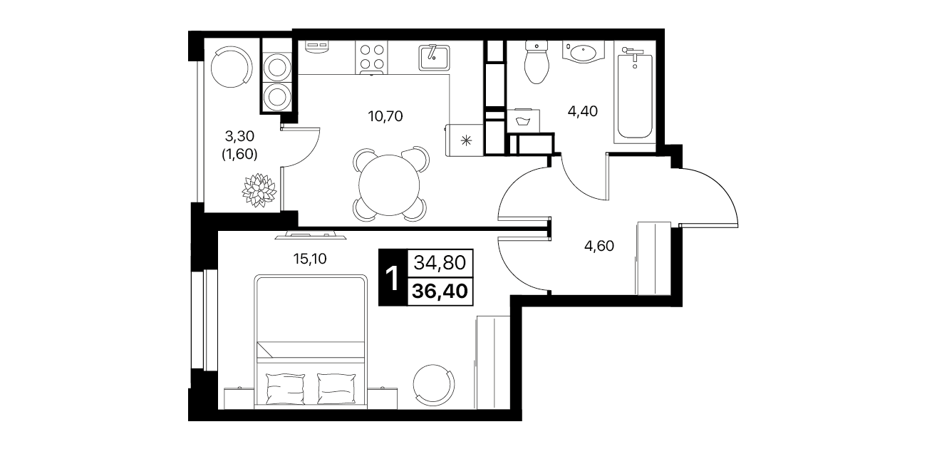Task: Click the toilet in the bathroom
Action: point(537,61)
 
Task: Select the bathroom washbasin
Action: point(584,52)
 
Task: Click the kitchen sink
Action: point(434,58)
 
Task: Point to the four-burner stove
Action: point(372,57)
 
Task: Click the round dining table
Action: point(389,185)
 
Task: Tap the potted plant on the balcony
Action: point(259,190)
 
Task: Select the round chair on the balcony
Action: point(232,66)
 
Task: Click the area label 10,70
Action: point(385,117)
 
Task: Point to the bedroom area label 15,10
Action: point(310,259)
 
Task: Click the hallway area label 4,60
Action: point(599,246)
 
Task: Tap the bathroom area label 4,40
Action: point(582,111)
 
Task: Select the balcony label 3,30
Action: point(239,135)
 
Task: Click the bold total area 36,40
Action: point(440,291)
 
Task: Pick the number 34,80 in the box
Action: point(440,263)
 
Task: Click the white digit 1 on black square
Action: point(392,279)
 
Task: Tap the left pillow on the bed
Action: point(285,389)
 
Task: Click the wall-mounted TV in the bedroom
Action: point(311,236)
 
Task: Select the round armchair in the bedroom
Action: point(434,386)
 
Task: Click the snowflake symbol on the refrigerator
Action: point(467,141)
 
